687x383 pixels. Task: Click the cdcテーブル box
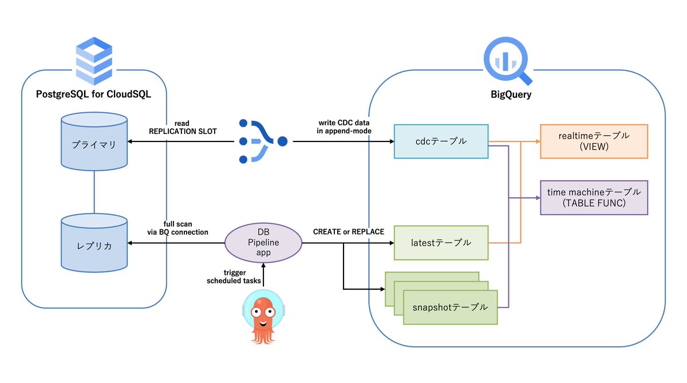(441, 141)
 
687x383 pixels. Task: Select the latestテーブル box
(441, 243)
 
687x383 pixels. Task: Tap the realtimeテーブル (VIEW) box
(594, 141)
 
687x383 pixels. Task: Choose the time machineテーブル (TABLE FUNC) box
(594, 198)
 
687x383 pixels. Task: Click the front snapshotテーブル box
(450, 307)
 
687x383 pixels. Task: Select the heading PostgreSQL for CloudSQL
(93, 94)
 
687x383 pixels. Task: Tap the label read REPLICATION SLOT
(182, 127)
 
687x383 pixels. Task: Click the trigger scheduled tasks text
(233, 277)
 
